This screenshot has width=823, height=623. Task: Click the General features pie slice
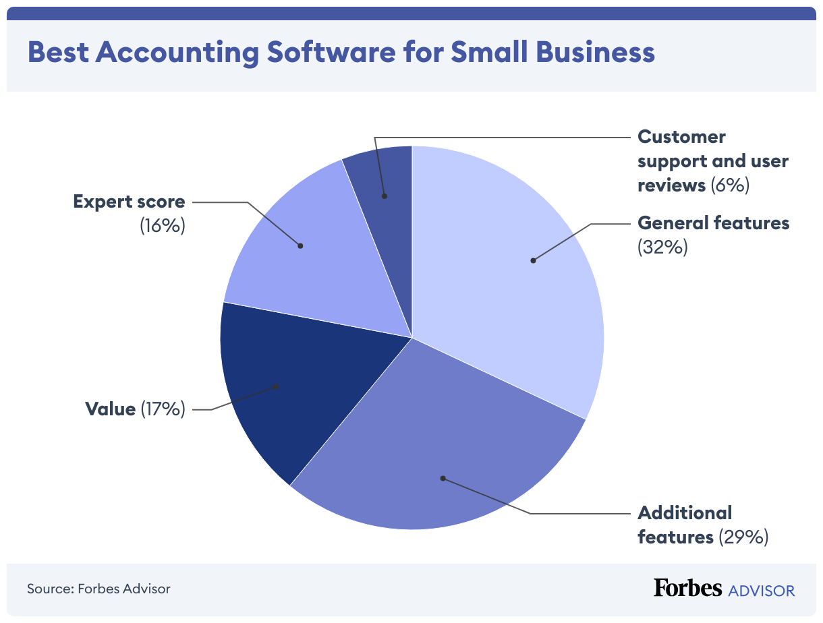(513, 270)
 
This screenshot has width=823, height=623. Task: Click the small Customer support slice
(385, 182)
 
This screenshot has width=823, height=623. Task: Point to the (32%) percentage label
(662, 247)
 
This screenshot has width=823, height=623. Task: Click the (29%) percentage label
(743, 537)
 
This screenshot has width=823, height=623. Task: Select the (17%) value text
(163, 409)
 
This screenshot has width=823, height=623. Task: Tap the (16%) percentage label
(163, 226)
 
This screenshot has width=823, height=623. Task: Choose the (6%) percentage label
(730, 185)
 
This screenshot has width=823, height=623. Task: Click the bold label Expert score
(129, 202)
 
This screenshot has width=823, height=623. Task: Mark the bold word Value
(111, 409)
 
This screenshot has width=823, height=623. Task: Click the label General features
(713, 223)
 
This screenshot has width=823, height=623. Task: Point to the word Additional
(685, 513)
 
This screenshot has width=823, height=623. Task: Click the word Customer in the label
(682, 137)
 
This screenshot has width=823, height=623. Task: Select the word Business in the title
(596, 52)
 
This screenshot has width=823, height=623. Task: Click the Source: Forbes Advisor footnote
(98, 589)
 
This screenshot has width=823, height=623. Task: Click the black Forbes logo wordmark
(687, 588)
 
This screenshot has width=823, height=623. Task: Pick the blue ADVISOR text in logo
(762, 591)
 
